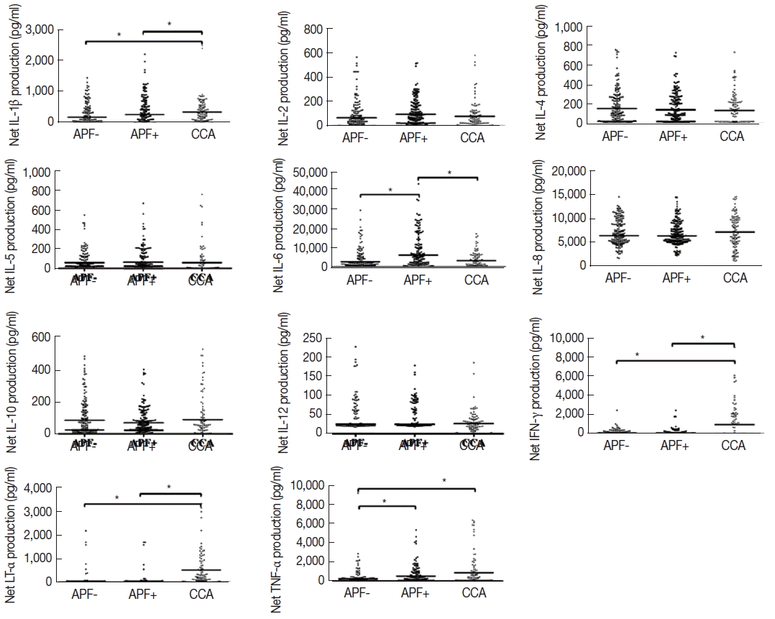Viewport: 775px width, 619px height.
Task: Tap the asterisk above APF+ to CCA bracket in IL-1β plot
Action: coord(170,24)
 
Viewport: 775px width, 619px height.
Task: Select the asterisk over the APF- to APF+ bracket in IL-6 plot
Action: coord(390,190)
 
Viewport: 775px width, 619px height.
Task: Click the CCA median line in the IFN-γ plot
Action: coord(733,425)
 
